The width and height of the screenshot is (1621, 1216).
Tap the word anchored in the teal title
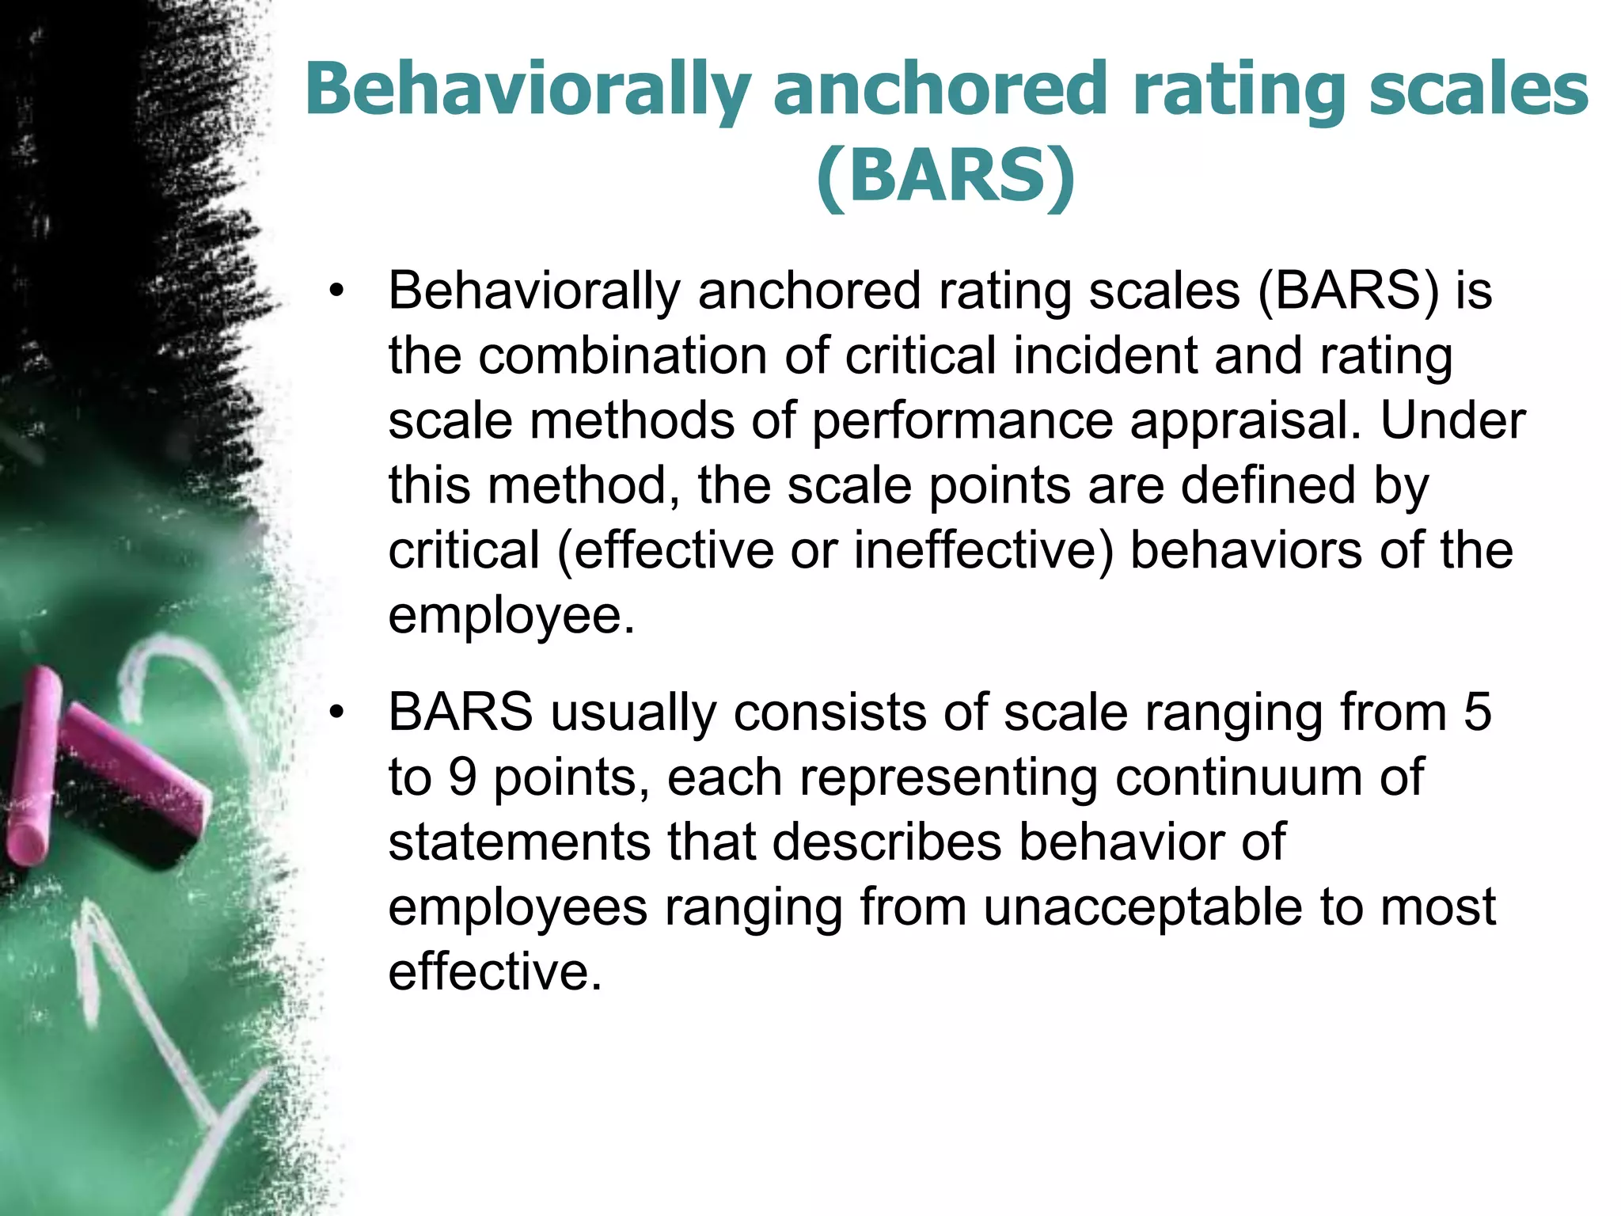pos(940,89)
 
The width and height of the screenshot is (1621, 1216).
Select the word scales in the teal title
pos(1479,89)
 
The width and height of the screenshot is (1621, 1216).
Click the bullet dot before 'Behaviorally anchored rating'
pos(337,291)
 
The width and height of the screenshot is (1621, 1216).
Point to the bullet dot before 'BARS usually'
pos(337,712)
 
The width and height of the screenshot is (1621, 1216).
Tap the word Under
pos(1453,420)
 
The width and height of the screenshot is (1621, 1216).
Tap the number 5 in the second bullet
pos(1477,712)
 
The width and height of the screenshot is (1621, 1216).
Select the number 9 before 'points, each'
pos(463,777)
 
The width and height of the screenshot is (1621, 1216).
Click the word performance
pos(962,421)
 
